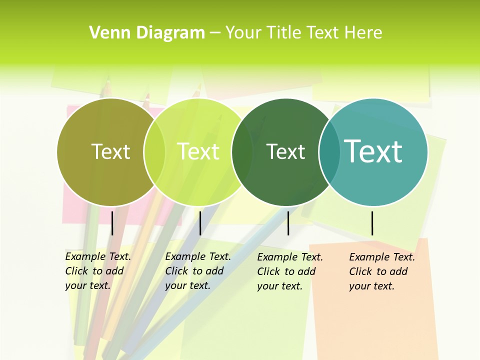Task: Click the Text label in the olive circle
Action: (x=110, y=151)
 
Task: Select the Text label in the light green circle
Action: (x=198, y=151)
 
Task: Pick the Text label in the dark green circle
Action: (x=285, y=151)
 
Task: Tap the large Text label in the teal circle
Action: (x=373, y=151)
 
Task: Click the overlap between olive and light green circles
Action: (x=154, y=151)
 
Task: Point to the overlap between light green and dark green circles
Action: (x=242, y=151)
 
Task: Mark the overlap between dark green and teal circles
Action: (x=329, y=151)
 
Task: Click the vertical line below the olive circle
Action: (x=112, y=223)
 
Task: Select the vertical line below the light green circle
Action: (x=200, y=223)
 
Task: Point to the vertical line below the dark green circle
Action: (x=288, y=223)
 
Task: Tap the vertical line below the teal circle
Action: (x=372, y=223)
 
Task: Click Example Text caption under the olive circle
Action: (x=97, y=271)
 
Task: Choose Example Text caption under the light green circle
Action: (x=197, y=271)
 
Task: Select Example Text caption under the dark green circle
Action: (x=289, y=271)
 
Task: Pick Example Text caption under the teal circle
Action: (x=381, y=271)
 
